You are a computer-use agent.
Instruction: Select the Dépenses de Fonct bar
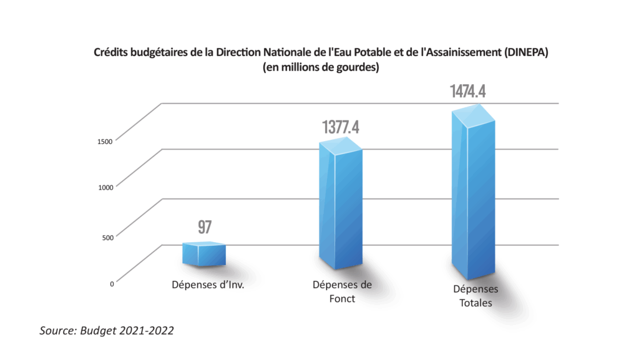(340, 209)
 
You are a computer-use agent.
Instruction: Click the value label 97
(205, 227)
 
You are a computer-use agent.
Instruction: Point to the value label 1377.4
(341, 128)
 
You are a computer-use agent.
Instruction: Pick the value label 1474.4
(468, 92)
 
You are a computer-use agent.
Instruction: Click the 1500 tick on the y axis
(104, 142)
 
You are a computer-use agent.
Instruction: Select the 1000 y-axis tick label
(104, 187)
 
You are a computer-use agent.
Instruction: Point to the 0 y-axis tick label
(112, 283)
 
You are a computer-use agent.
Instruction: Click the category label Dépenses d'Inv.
(207, 285)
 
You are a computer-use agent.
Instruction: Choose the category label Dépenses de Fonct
(341, 291)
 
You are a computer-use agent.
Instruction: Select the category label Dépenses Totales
(476, 296)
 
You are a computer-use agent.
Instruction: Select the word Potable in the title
(355, 53)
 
